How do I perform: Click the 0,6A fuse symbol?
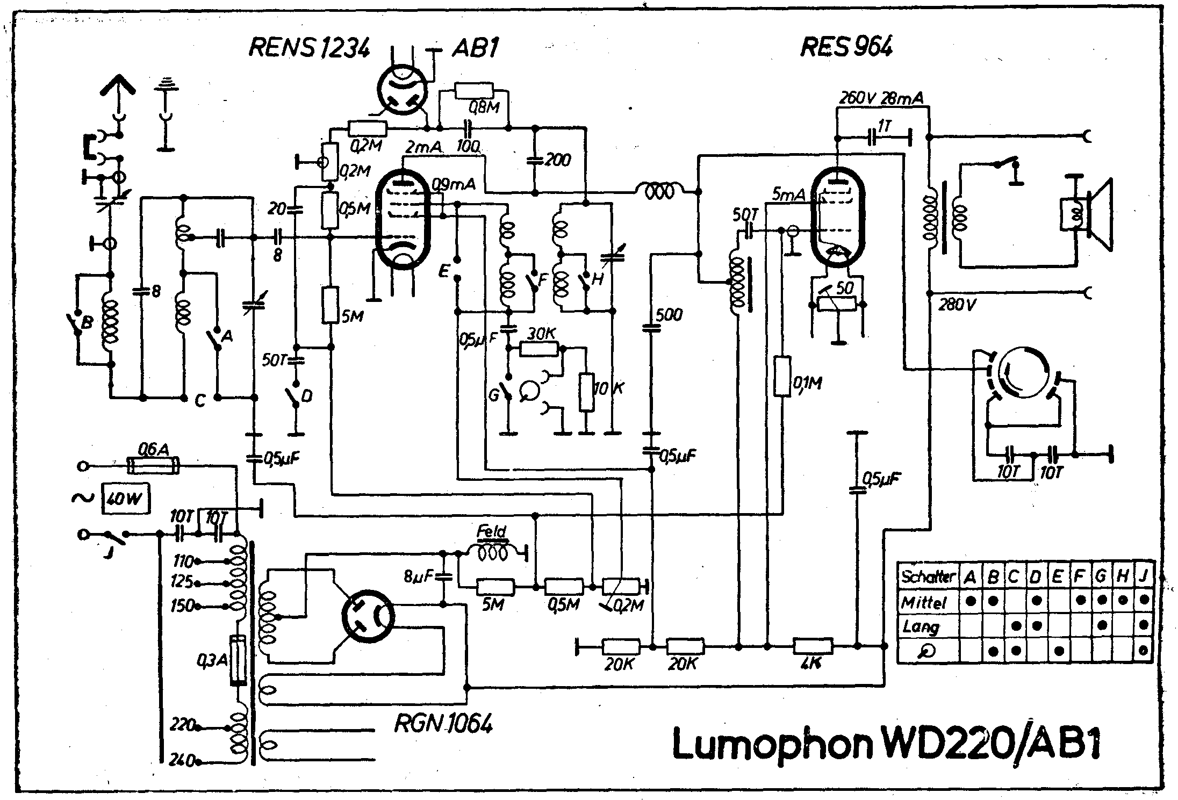click(153, 466)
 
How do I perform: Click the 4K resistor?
click(813, 646)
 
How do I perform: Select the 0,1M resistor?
click(783, 376)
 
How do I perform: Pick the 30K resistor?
click(540, 349)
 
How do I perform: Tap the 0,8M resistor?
click(473, 91)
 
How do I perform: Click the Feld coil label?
click(491, 532)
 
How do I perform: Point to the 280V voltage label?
click(957, 305)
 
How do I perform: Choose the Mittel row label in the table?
click(923, 603)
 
